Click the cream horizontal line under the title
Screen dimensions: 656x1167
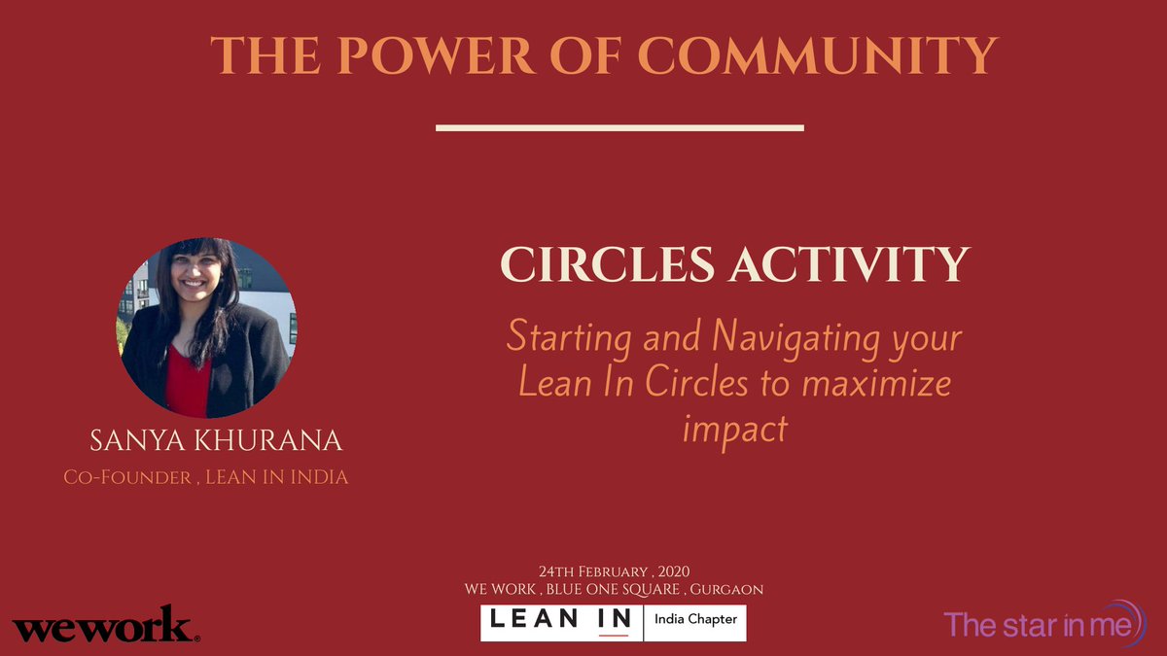[619, 127]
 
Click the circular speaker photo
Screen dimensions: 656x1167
[206, 327]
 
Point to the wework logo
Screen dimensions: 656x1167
[105, 625]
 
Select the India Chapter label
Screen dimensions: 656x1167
[695, 619]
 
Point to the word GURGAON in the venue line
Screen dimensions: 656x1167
[726, 589]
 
